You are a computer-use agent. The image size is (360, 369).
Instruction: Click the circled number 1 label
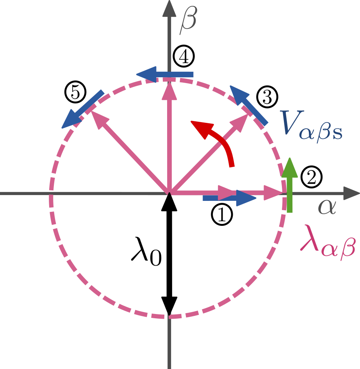pos(221,215)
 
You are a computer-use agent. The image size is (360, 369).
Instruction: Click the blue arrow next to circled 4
pos(165,74)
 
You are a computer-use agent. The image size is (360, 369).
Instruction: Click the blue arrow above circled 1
pos(230,198)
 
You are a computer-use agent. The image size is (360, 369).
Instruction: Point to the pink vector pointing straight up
pos(169,137)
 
